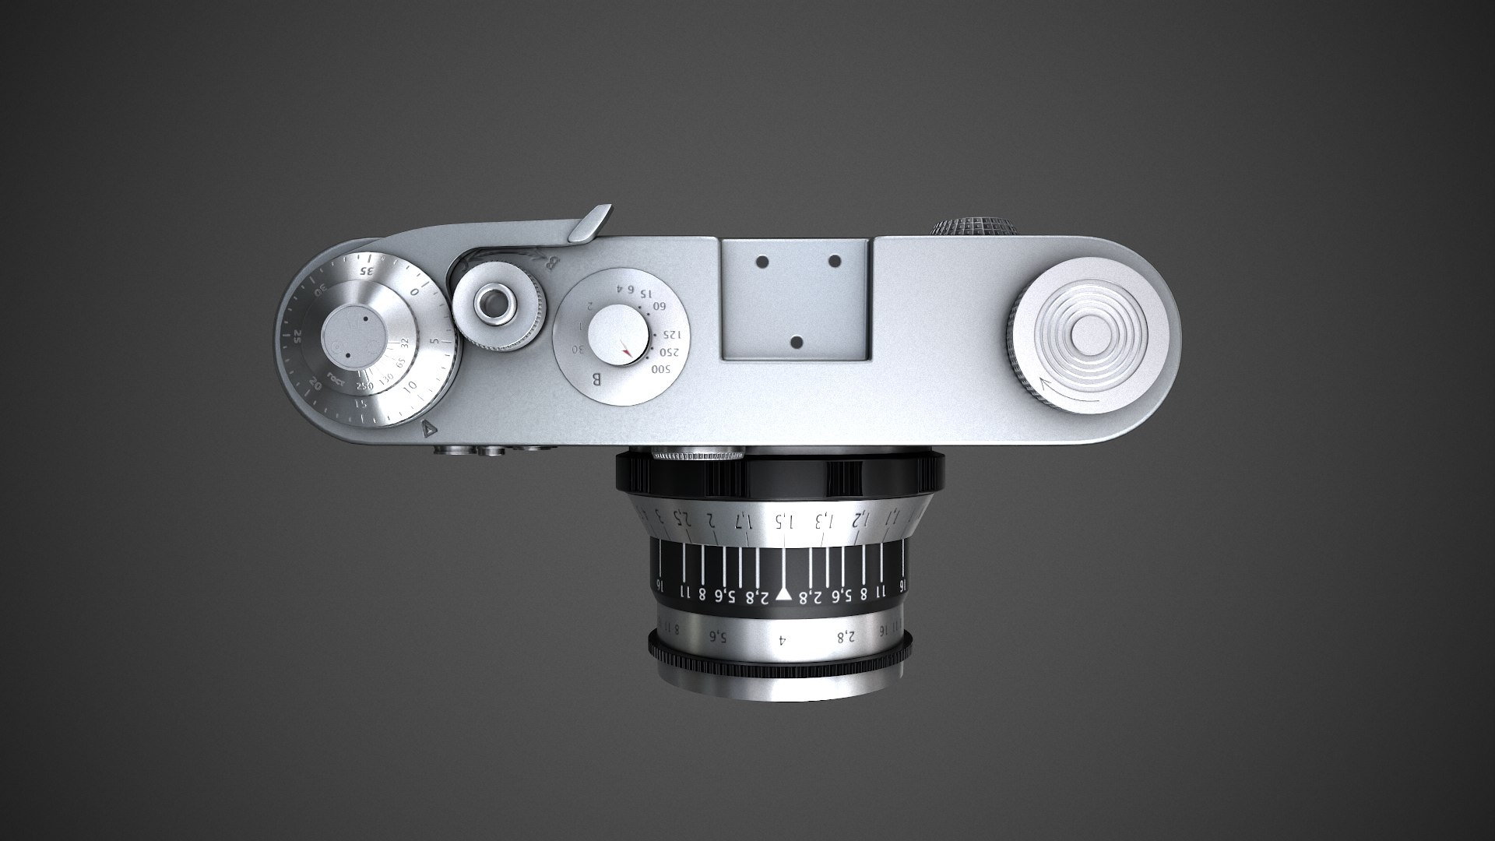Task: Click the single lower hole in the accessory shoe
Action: point(797,341)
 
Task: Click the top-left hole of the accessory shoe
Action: point(763,262)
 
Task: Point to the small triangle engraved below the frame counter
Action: point(427,428)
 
